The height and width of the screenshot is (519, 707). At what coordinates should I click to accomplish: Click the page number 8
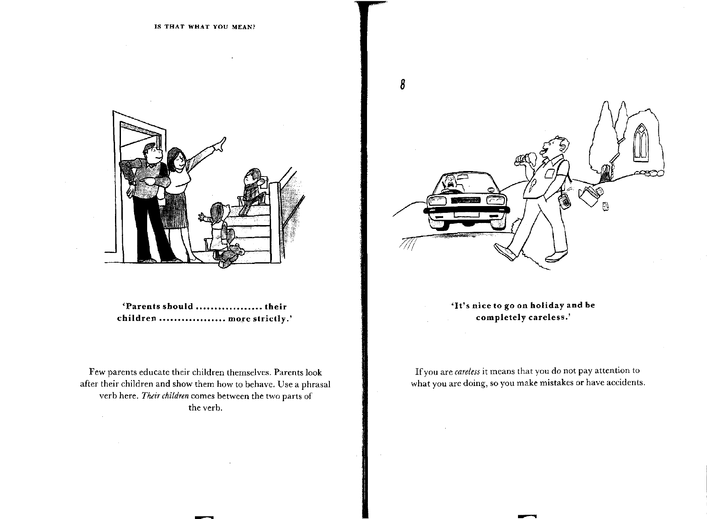coord(403,84)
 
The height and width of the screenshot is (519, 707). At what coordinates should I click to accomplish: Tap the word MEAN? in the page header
coord(243,27)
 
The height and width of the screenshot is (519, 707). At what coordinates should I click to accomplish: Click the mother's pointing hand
coord(220,144)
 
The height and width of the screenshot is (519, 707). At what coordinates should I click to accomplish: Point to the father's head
coord(153,154)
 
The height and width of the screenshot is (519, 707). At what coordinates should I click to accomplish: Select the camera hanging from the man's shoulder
coord(565,201)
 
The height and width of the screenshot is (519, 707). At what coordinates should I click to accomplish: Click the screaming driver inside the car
coord(450,185)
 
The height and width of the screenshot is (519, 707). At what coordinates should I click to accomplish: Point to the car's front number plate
coord(466,215)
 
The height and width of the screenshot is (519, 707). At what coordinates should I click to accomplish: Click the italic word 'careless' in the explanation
coord(467,372)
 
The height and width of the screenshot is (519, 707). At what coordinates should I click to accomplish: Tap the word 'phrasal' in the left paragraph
coord(315,385)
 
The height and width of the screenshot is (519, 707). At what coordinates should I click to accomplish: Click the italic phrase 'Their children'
coord(165,396)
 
